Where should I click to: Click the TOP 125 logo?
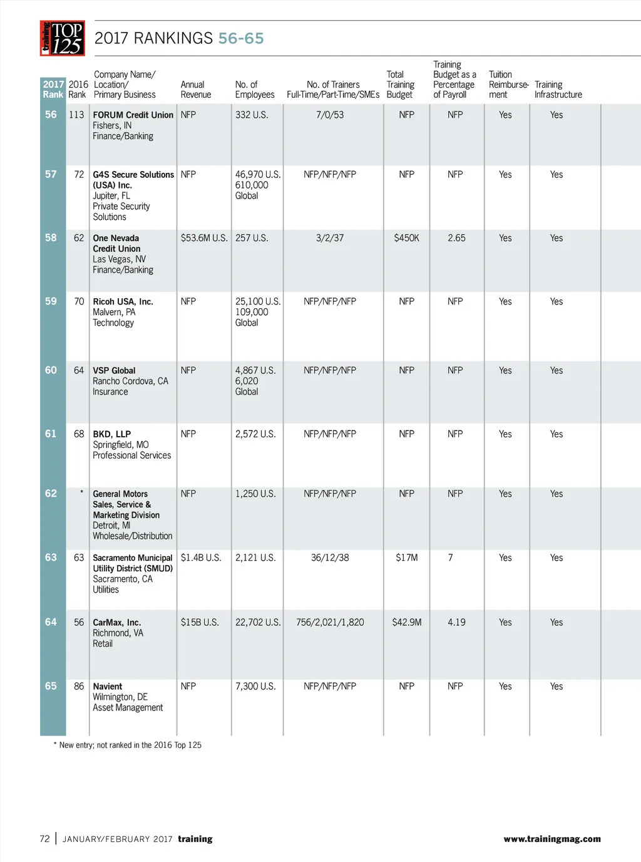pos(63,38)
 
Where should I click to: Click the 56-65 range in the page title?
pos(241,38)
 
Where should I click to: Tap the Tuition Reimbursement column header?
pos(508,85)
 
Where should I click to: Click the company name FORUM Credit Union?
pos(133,115)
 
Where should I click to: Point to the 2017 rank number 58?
pos(51,238)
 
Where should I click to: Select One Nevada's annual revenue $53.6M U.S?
pos(204,238)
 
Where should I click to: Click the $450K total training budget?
pos(406,238)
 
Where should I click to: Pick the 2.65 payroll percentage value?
pos(456,238)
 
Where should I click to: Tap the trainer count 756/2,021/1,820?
pos(330,622)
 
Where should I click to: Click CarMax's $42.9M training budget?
pos(406,622)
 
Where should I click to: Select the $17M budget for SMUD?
pos(406,558)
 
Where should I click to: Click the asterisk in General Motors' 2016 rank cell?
pos(81,493)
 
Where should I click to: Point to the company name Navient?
pos(108,687)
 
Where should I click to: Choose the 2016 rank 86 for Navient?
pos(79,686)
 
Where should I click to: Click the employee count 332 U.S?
pos(252,115)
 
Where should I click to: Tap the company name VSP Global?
pos(114,371)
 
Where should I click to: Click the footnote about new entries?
pos(128,745)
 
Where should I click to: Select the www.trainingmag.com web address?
pos(551,839)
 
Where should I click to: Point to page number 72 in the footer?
pos(44,839)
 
